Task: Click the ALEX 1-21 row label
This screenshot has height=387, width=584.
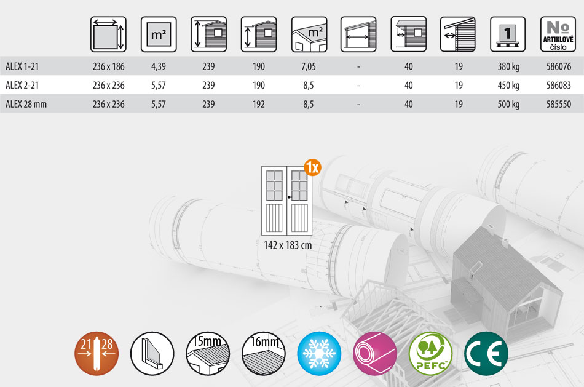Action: click(22, 66)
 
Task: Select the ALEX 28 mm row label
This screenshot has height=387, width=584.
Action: click(26, 104)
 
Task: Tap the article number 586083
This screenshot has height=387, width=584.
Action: click(559, 86)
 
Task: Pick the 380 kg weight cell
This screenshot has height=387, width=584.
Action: click(508, 66)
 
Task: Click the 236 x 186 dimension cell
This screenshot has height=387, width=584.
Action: click(108, 66)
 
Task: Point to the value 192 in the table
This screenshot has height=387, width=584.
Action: click(258, 104)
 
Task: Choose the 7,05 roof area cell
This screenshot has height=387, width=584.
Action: click(309, 66)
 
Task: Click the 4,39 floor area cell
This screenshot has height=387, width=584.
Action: click(158, 66)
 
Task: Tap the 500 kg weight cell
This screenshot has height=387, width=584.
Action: click(508, 104)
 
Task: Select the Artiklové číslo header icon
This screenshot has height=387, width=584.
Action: click(558, 34)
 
